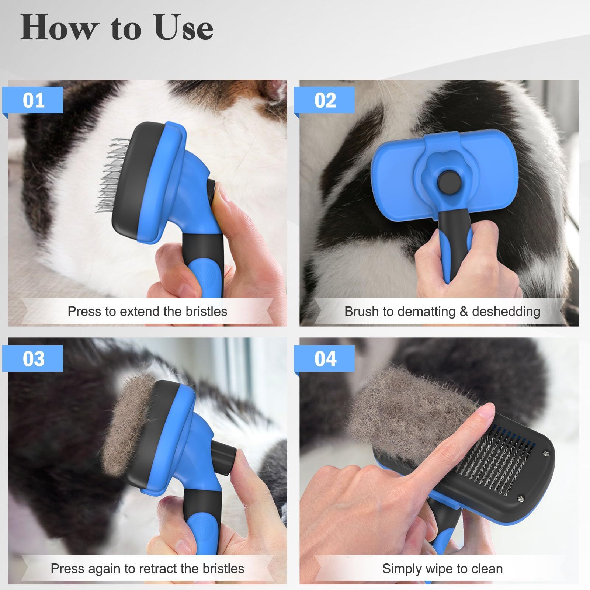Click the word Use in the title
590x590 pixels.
click(184, 28)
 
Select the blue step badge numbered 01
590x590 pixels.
click(33, 100)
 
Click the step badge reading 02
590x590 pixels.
click(325, 100)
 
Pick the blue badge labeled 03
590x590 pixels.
click(33, 358)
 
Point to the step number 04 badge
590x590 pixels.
click(325, 358)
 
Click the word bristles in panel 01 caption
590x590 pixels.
click(206, 311)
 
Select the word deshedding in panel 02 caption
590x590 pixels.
click(506, 312)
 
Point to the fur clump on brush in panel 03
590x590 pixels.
click(127, 424)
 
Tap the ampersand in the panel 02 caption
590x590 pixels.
click(464, 312)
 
